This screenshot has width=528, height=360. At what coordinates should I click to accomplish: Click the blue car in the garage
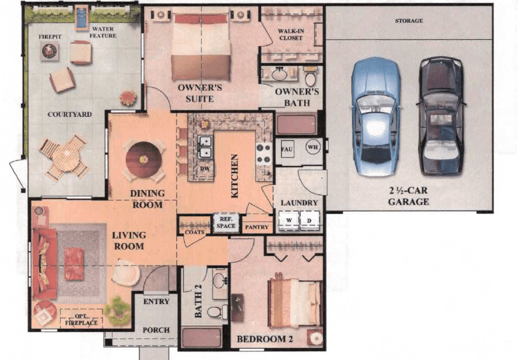pyautogui.click(x=376, y=117)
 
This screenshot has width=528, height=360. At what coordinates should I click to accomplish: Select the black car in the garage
pyautogui.click(x=441, y=116)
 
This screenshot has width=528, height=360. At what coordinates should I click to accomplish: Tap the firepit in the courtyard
pyautogui.click(x=49, y=51)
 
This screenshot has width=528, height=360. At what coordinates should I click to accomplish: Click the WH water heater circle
pyautogui.click(x=313, y=147)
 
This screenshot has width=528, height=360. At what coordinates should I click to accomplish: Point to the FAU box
pyautogui.click(x=287, y=149)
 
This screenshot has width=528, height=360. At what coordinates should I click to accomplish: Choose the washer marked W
pyautogui.click(x=289, y=220)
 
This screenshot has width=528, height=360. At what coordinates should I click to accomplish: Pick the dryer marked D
pyautogui.click(x=309, y=220)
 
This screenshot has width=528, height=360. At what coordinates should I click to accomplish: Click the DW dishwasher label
pyautogui.click(x=205, y=169)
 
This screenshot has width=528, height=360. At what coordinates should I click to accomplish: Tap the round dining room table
pyautogui.click(x=144, y=160)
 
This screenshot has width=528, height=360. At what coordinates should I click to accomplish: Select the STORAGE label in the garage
pyautogui.click(x=409, y=21)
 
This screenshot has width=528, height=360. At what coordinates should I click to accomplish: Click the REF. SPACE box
pyautogui.click(x=226, y=223)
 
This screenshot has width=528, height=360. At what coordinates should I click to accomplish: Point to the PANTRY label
pyautogui.click(x=257, y=228)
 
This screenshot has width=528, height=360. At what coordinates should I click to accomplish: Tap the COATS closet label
pyautogui.click(x=194, y=232)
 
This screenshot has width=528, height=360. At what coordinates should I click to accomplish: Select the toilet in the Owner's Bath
pyautogui.click(x=310, y=76)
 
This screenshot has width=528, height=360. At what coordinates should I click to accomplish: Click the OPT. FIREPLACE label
pyautogui.click(x=81, y=320)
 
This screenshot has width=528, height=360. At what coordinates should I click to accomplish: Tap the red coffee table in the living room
pyautogui.click(x=74, y=264)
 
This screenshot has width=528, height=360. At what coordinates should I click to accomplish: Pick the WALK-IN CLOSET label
pyautogui.click(x=291, y=34)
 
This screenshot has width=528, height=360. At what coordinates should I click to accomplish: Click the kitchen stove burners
pyautogui.click(x=264, y=154)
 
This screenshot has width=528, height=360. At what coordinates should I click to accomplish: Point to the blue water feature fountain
pyautogui.click(x=81, y=17)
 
